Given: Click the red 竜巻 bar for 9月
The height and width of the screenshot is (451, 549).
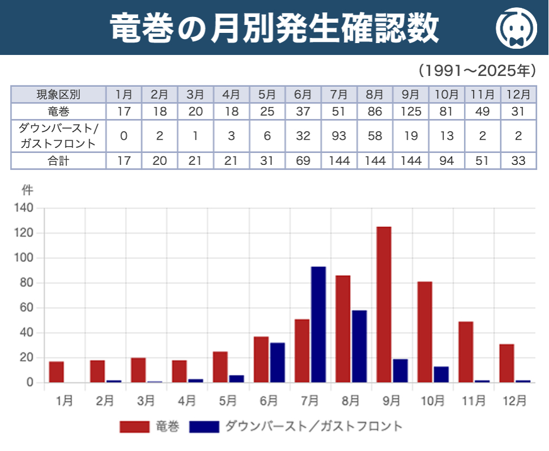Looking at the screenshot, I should pyautogui.click(x=384, y=304).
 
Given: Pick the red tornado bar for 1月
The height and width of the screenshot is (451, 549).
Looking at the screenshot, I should pyautogui.click(x=57, y=372).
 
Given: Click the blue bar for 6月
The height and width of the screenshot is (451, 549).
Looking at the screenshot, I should pyautogui.click(x=278, y=362).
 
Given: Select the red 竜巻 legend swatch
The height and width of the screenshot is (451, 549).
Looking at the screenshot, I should pyautogui.click(x=134, y=427).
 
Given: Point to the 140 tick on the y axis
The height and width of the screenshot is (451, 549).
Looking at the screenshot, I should pyautogui.click(x=26, y=209).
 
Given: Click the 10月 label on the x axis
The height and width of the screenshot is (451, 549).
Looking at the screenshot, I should pyautogui.click(x=432, y=401).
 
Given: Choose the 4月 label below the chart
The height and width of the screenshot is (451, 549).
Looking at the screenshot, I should pyautogui.click(x=187, y=401).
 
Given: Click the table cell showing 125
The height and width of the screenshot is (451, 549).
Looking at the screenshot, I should pyautogui.click(x=411, y=112).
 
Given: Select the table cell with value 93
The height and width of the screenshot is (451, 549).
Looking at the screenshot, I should pyautogui.click(x=339, y=137).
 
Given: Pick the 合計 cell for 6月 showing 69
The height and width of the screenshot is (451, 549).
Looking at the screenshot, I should pyautogui.click(x=303, y=161).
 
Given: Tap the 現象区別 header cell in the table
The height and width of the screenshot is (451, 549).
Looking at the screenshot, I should pyautogui.click(x=58, y=95).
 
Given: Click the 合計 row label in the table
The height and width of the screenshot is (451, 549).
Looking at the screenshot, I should pyautogui.click(x=58, y=161).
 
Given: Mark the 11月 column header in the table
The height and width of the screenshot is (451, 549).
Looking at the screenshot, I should pyautogui.click(x=483, y=95).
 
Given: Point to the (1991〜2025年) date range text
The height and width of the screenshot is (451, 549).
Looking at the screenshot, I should pyautogui.click(x=476, y=70).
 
